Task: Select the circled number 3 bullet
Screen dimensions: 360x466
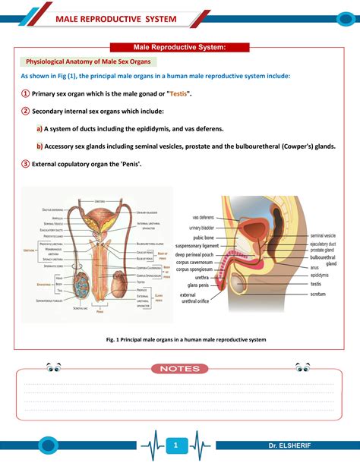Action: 25,163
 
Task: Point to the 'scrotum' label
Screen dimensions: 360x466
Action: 317,293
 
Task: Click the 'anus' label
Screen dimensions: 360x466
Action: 315,267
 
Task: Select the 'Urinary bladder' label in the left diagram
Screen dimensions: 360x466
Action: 147,213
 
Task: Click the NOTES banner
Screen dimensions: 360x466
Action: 180,369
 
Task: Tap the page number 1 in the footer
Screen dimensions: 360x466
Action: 175,445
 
